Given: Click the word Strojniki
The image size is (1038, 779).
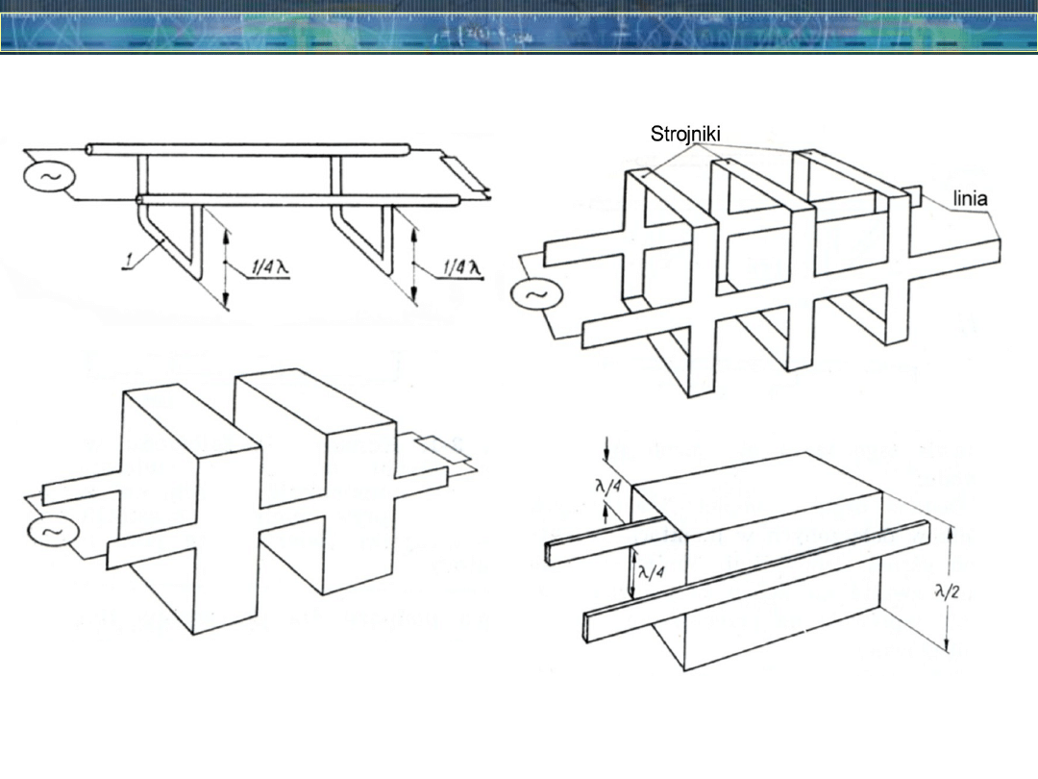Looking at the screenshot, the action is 685,135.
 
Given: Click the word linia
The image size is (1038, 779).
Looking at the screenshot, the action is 970,198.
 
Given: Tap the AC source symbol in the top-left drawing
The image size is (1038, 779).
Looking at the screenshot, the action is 49,177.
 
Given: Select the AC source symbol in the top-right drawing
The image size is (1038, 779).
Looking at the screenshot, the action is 537,295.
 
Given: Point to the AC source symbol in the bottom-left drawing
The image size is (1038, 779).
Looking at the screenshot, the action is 53,532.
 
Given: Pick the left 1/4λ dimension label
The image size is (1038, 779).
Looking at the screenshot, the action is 269,267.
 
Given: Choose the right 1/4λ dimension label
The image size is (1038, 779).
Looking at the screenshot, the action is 461,267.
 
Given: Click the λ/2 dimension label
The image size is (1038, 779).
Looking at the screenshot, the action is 946,591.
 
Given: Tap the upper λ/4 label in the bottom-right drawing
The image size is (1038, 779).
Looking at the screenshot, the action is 608,487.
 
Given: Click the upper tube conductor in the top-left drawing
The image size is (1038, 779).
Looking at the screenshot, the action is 249,150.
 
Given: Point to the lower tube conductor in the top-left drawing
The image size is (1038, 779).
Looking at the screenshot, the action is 299,199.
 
